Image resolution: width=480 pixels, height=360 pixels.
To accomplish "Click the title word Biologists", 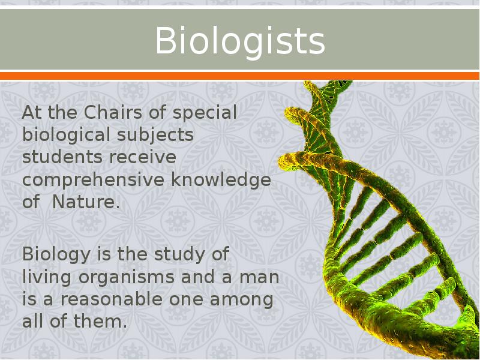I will pos(240,41).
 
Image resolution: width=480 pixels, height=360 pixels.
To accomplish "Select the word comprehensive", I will pos(94,180).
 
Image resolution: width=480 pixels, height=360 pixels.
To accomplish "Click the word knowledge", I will pos(221,179).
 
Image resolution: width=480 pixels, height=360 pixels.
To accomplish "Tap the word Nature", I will pos(86,202).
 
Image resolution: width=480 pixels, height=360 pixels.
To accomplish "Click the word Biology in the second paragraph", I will pos(55,254).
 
